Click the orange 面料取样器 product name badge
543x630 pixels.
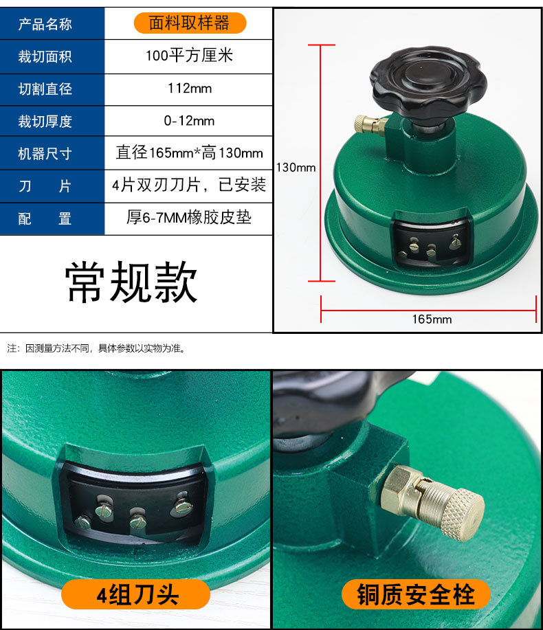coord(189,23)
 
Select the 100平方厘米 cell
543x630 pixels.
coord(189,56)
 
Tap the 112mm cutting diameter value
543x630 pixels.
coord(189,88)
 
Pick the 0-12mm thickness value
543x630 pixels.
coord(189,121)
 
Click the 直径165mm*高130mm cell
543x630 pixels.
coord(189,153)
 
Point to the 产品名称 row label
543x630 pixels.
coord(45,24)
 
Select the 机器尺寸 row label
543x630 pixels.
coord(45,153)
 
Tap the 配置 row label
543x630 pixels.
coord(45,218)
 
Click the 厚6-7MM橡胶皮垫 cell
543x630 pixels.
coord(189,218)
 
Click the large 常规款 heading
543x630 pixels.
coord(131,282)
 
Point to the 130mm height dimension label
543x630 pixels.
coord(296,167)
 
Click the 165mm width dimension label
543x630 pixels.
coord(432,319)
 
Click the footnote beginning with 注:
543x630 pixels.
coord(96,348)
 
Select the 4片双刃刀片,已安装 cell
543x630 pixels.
coord(189,185)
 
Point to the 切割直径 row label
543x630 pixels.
coord(45,89)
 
